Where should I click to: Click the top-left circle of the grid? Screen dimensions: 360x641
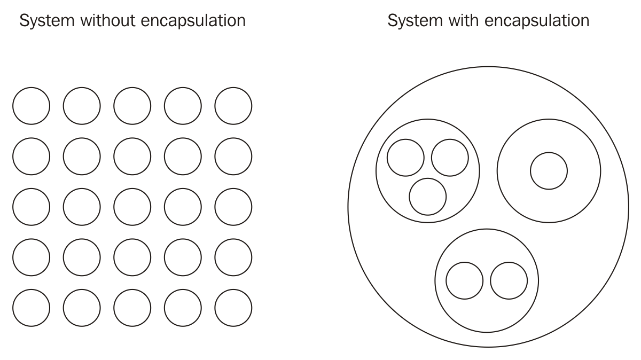tap(31, 106)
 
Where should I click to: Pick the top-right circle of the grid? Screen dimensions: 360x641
tap(233, 106)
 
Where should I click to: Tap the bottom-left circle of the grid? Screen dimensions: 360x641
tap(31, 308)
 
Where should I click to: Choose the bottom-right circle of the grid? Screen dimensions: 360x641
tap(233, 308)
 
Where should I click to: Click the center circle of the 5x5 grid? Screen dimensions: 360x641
tap(132, 207)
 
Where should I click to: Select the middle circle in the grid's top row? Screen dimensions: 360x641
tap(132, 106)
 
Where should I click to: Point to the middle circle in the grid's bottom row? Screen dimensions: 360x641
tap(132, 308)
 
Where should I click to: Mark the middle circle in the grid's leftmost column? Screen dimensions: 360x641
tap(31, 207)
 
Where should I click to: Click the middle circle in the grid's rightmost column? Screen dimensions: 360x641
tap(233, 207)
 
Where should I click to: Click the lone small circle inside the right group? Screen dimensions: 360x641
tap(549, 171)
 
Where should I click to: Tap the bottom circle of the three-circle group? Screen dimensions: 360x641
tap(427, 197)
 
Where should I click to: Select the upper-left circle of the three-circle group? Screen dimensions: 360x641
tap(405, 158)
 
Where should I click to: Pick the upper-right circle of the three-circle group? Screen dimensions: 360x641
tap(450, 158)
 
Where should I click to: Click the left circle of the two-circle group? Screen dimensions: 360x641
tap(464, 281)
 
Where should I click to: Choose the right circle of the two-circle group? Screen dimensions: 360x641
tap(509, 281)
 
